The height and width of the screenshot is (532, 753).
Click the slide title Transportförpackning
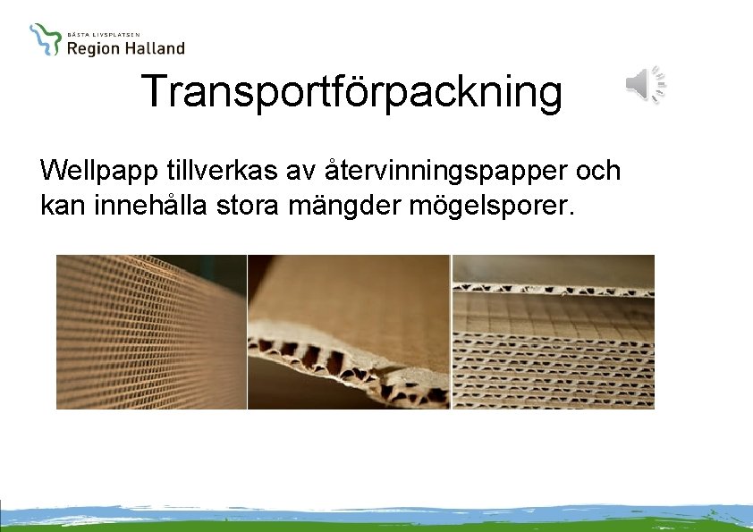(351, 91)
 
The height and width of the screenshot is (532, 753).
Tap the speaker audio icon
(645, 85)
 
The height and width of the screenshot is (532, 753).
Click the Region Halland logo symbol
(45, 39)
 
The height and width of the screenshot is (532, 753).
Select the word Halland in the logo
(154, 48)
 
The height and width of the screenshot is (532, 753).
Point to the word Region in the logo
(93, 49)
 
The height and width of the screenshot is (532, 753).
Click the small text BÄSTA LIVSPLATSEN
(103, 33)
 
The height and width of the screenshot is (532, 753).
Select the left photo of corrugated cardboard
(150, 332)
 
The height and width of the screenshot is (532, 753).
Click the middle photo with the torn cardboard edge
(349, 332)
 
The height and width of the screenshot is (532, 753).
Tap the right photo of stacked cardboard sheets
(554, 332)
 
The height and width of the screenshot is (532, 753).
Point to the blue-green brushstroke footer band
(376, 516)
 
